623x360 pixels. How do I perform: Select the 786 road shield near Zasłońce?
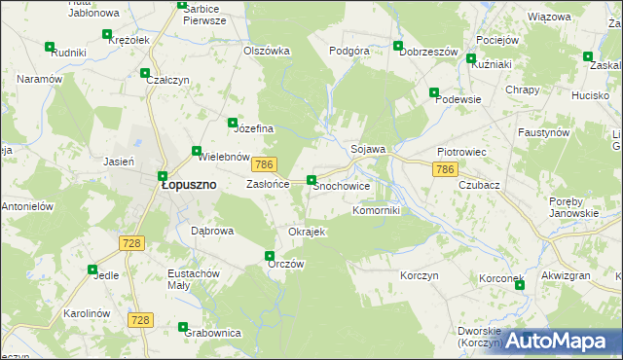[268, 166]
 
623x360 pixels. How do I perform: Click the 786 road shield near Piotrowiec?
[445, 169]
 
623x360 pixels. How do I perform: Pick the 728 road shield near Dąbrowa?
[133, 241]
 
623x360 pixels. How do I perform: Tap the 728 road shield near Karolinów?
[141, 320]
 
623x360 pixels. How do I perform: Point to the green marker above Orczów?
[271, 256]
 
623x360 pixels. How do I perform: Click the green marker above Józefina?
[233, 123]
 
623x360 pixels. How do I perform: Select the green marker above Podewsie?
[435, 92]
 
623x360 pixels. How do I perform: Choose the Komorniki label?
[376, 209]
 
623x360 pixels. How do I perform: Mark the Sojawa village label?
[369, 149]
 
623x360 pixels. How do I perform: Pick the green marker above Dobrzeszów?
[397, 46]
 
